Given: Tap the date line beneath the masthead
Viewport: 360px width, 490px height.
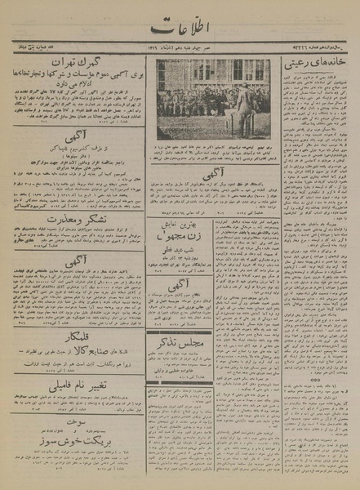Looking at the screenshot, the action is coord(180,51).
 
